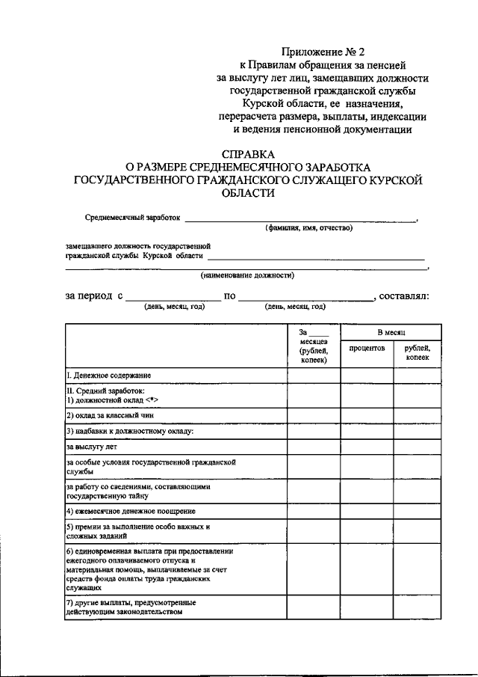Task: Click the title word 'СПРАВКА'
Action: pyautogui.click(x=249, y=152)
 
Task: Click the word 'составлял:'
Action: pyautogui.click(x=403, y=295)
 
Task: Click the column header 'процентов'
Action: pyautogui.click(x=367, y=349)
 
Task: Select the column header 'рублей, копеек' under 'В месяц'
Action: pyautogui.click(x=418, y=353)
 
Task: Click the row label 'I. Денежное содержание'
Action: pyautogui.click(x=109, y=374)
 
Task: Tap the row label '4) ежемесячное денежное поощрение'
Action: pyautogui.click(x=131, y=511)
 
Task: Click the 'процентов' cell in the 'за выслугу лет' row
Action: pyautogui.click(x=367, y=447)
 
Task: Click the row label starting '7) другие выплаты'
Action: pyautogui.click(x=124, y=607)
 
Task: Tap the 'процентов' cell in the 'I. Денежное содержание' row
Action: pyautogui.click(x=367, y=374)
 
